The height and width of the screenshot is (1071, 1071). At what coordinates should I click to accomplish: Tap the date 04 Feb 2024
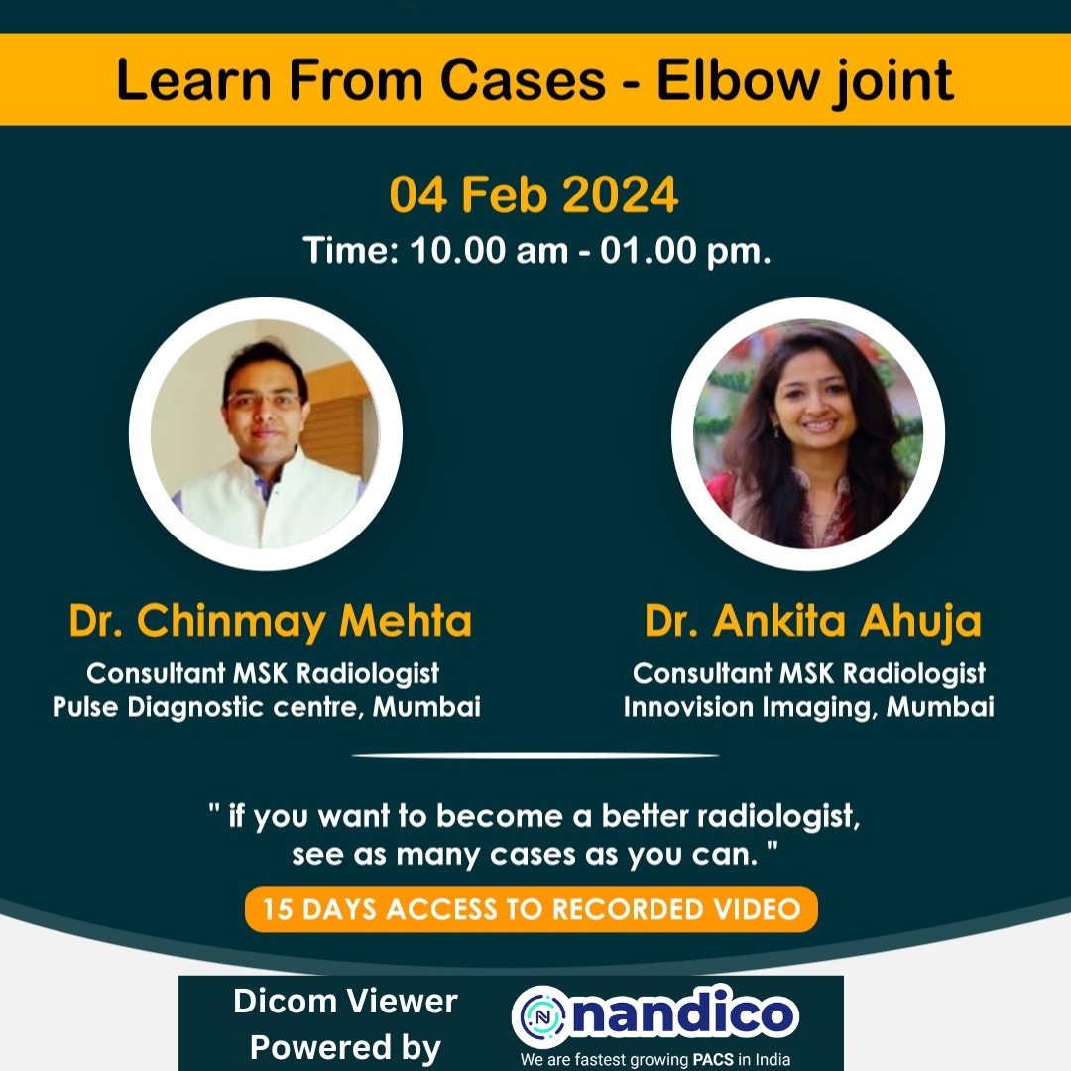(x=534, y=194)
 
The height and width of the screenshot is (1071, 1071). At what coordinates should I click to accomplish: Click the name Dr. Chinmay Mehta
(x=270, y=622)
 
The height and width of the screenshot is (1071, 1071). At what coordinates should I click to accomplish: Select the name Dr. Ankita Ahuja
(x=812, y=622)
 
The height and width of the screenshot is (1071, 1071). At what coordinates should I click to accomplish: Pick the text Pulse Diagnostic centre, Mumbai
(x=266, y=707)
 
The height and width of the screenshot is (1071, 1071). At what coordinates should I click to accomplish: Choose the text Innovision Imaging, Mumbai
(x=808, y=707)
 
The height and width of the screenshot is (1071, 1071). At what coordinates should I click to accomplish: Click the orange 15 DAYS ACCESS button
(x=532, y=909)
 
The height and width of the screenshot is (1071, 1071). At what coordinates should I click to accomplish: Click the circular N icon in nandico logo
(x=541, y=1015)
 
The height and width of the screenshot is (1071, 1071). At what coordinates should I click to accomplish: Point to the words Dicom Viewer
(x=345, y=1002)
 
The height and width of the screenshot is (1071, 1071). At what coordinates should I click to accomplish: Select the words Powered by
(x=345, y=1047)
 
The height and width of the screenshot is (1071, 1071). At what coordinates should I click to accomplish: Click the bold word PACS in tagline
(x=711, y=1059)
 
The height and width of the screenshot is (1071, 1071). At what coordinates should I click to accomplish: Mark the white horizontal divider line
(x=535, y=755)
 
